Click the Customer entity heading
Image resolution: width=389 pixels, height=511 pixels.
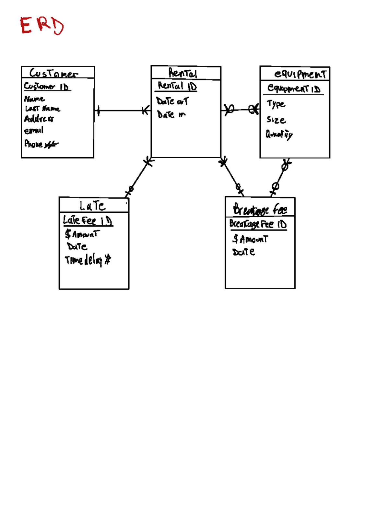tap(53, 73)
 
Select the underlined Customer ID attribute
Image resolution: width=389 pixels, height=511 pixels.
tap(47, 87)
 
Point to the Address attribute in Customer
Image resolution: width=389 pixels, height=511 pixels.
tap(39, 119)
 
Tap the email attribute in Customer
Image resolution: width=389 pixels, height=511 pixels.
tap(34, 131)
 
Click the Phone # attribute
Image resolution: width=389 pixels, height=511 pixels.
tap(41, 144)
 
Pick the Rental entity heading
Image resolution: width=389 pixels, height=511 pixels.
tap(183, 73)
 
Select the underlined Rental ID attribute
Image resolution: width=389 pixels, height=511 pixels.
tap(177, 86)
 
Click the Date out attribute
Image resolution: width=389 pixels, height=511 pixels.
tap(172, 101)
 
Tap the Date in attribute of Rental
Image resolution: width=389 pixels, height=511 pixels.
tap(171, 114)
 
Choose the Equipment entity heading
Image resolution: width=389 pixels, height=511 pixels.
tap(300, 74)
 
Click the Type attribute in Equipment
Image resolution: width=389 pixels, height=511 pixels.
tap(276, 104)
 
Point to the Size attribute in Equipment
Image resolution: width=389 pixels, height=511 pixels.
tap(276, 120)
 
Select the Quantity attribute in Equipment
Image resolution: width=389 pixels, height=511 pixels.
tap(279, 134)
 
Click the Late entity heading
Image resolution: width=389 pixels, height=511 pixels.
tap(92, 206)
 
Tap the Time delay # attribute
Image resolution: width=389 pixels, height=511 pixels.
tap(88, 260)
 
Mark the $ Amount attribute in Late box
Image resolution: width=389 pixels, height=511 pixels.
tap(82, 234)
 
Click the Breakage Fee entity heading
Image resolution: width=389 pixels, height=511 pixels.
tap(260, 209)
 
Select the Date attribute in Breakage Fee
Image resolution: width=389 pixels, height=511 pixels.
tap(243, 252)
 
